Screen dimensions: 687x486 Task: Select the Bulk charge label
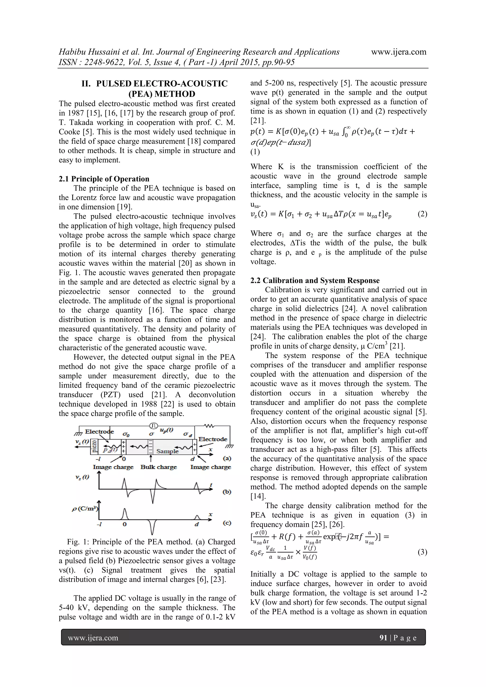tap(159, 467)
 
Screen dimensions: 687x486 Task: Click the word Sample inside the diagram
tap(167, 451)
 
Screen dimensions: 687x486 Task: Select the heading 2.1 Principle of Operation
tap(104, 179)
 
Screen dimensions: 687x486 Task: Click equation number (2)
tap(422, 214)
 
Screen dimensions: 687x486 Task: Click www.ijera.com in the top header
tap(399, 52)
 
